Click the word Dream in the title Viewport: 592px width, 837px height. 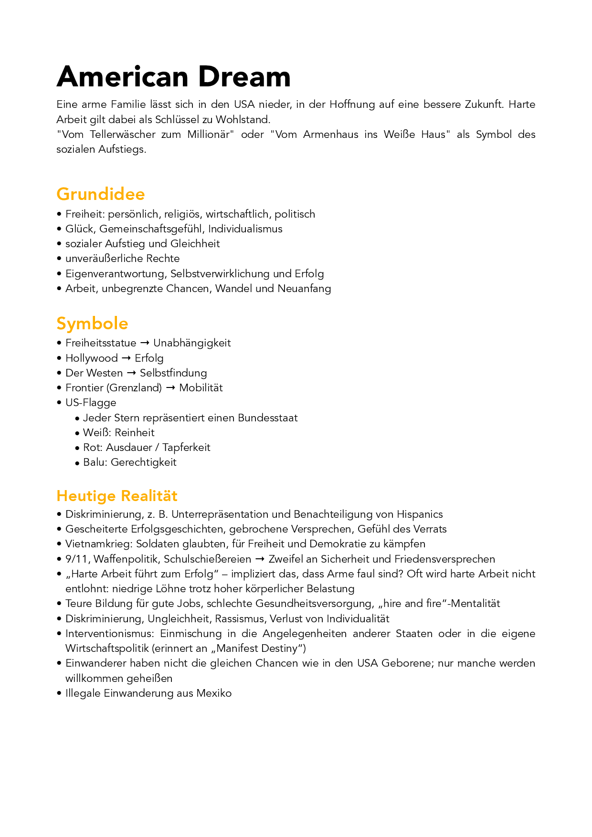244,77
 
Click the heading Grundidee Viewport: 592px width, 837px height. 100,194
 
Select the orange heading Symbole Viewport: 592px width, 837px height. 92,324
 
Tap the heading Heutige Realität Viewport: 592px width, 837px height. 116,496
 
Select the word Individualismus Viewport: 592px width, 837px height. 245,229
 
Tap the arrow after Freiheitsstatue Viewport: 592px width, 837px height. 145,343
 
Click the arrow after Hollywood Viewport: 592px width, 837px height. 126,358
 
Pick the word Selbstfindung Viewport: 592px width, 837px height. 173,373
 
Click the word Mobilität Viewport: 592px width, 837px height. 201,388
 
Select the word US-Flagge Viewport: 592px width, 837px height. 91,403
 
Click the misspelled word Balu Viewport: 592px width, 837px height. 94,462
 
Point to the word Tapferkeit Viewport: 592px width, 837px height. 186,448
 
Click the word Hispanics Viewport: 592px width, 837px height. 420,514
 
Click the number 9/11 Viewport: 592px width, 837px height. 76,559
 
